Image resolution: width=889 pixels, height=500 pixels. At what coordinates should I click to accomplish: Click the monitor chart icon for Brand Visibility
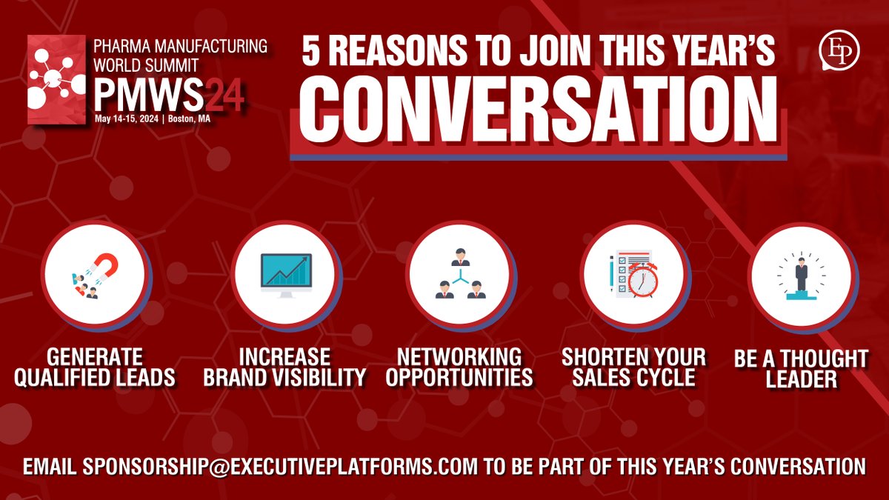pos(285,274)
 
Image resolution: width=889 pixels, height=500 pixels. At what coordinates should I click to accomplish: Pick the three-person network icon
pos(460,275)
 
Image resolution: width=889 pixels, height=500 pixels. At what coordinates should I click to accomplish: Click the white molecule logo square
pos(56,79)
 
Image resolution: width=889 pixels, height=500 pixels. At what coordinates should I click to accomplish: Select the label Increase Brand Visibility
pos(285,366)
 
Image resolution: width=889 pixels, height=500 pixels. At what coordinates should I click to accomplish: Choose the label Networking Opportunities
pos(460,366)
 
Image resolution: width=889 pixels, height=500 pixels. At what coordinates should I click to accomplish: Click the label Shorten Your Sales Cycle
pos(634,366)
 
